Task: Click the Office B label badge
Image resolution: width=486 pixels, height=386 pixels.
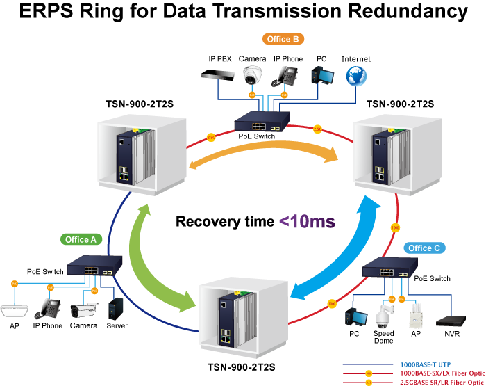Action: pos(283,40)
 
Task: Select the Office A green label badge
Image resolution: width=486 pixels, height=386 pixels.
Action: pos(81,239)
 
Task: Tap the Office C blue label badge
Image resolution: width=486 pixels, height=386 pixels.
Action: pos(424,248)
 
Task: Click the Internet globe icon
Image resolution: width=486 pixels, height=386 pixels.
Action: pos(356,75)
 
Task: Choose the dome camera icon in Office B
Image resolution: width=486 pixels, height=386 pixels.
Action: pos(251,74)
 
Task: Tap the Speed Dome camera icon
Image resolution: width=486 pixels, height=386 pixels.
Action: pos(383,317)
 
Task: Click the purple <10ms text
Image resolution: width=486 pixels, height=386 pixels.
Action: pos(308,222)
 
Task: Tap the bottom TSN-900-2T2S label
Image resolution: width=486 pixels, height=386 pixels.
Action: pos(242,367)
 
